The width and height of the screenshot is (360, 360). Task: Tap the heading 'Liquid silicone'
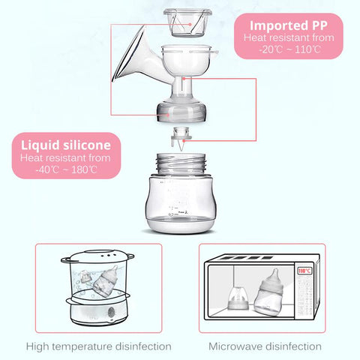[66, 143]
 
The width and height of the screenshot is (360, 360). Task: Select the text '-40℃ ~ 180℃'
[66, 169]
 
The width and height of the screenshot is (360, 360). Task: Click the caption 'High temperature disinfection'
[98, 346]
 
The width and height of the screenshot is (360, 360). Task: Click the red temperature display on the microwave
[304, 271]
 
